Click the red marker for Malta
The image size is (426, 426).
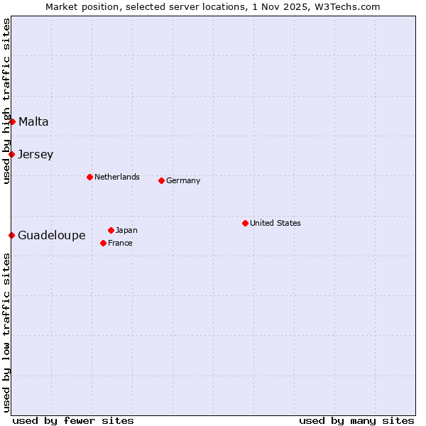click(x=12, y=121)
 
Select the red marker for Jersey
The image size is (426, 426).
click(x=11, y=154)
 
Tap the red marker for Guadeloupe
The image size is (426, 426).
click(x=11, y=235)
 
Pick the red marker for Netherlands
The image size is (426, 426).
click(x=89, y=177)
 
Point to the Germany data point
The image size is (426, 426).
click(x=161, y=180)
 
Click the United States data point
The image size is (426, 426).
click(x=245, y=223)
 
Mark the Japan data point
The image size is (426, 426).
click(x=111, y=230)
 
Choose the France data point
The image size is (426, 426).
click(x=103, y=243)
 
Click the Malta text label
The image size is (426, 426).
click(x=33, y=121)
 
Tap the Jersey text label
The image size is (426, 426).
click(x=35, y=154)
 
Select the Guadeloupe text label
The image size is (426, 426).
click(x=52, y=235)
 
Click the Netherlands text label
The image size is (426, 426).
click(x=117, y=177)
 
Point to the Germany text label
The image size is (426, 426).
click(x=183, y=180)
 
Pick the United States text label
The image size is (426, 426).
click(x=275, y=223)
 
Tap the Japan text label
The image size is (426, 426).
click(x=126, y=230)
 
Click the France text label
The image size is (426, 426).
click(x=120, y=243)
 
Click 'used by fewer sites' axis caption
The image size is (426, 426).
click(x=73, y=420)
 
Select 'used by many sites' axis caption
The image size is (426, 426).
click(x=356, y=420)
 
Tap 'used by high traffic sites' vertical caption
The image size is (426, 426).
click(x=6, y=101)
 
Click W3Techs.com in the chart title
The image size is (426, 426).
click(x=348, y=6)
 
